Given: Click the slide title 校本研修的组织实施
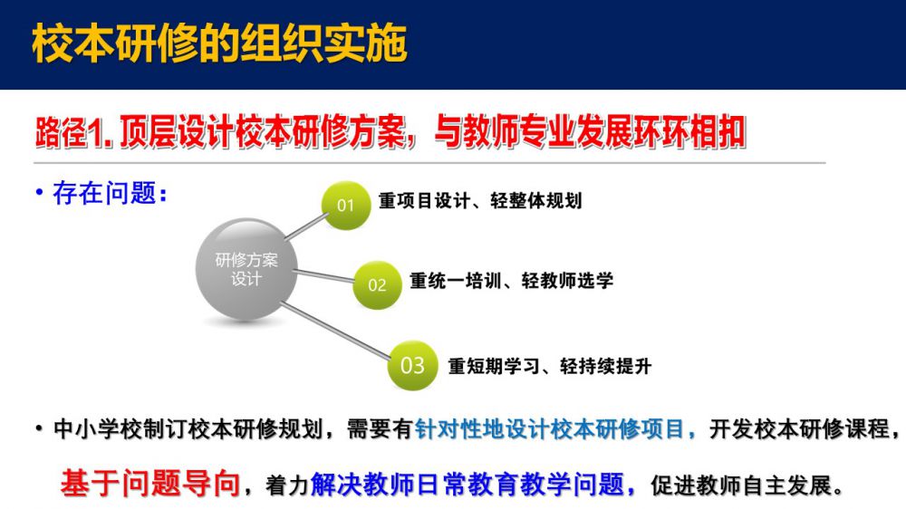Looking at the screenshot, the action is [219, 43].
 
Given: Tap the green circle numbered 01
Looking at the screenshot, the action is [345, 205].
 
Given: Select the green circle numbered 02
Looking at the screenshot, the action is [377, 284].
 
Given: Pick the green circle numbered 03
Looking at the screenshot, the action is [412, 365].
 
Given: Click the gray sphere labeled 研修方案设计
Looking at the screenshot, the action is [246, 269].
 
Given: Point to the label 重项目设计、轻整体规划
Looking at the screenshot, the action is [480, 201].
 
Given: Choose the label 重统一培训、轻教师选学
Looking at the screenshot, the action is [511, 281].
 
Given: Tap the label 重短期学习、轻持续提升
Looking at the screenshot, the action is [550, 366].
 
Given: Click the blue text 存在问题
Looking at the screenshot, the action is [104, 193].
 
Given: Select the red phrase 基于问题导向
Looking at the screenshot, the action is [150, 484].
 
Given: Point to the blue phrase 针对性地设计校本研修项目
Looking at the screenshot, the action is [550, 429].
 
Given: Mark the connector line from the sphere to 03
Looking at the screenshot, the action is [336, 331].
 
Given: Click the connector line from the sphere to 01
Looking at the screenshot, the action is [307, 226].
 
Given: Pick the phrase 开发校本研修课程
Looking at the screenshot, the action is [798, 429].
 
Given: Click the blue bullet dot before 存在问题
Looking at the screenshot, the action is [39, 192].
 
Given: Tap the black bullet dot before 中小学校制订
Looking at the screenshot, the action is [39, 429].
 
